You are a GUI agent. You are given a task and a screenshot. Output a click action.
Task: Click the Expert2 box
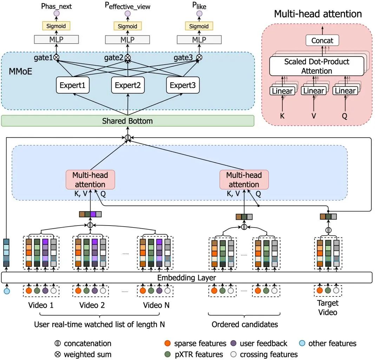tap(127, 85)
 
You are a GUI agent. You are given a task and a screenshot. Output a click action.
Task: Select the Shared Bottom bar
tap(127, 121)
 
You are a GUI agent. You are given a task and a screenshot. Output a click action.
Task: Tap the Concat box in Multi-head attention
tap(322, 40)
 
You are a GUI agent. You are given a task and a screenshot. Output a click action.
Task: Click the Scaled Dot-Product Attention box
tap(317, 66)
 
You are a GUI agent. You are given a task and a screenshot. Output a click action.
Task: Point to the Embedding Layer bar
tap(186, 277)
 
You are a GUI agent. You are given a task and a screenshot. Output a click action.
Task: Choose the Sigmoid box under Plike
tap(199, 26)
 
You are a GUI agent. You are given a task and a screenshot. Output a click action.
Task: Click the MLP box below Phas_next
tap(56, 40)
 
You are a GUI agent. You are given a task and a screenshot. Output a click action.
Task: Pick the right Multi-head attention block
tap(244, 179)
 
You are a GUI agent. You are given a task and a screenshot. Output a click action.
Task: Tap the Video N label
tap(156, 305)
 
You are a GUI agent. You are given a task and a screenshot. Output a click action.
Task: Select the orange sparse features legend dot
tap(167, 343)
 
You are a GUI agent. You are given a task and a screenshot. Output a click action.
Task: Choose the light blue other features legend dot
tap(302, 343)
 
